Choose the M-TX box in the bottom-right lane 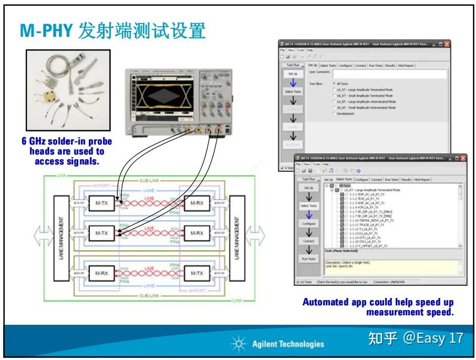pos(196,274)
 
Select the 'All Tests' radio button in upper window pos(334,84)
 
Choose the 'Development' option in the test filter pos(334,114)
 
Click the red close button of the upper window pos(447,45)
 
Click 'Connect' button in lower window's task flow pos(308,241)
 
